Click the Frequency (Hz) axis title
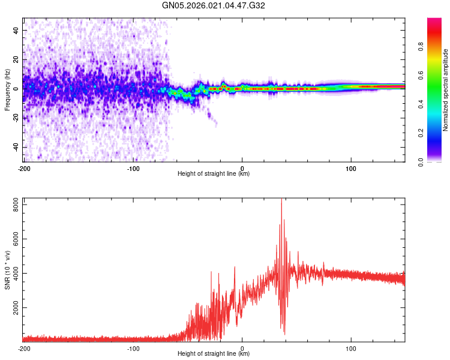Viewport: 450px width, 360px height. (7, 89)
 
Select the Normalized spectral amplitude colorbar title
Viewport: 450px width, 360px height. (445, 91)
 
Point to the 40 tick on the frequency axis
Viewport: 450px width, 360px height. (16, 30)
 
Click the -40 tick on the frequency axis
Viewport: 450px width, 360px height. (14, 147)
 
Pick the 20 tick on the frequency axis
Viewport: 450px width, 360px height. (16, 59)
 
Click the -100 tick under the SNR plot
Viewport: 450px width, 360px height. (133, 348)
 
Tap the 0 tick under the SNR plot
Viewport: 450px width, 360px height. (242, 348)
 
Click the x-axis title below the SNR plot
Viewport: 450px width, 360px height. (214, 355)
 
